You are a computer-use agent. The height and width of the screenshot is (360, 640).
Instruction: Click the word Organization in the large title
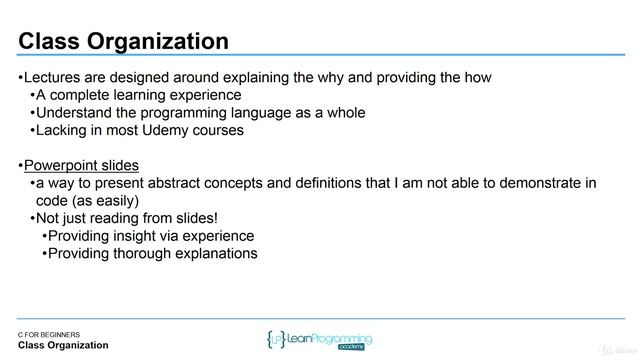(160, 41)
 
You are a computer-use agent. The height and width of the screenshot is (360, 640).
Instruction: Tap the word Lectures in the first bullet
(54, 78)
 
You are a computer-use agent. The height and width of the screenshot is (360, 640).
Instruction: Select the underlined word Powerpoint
(62, 165)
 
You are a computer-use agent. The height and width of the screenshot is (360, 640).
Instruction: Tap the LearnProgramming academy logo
(320, 338)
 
